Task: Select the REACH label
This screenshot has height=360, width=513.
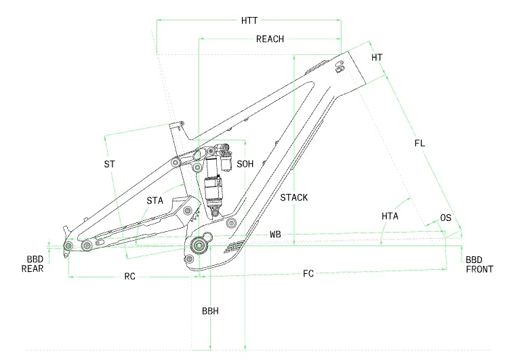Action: tap(270, 39)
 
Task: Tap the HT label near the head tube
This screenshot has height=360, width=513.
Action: tap(377, 58)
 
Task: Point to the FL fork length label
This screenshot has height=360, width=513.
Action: tap(419, 143)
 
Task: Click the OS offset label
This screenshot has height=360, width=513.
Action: tap(445, 218)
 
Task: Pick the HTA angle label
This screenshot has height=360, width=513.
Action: tap(390, 216)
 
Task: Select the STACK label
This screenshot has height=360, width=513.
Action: tap(294, 198)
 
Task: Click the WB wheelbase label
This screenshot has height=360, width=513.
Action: tap(276, 234)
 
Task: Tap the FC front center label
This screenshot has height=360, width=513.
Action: tap(308, 273)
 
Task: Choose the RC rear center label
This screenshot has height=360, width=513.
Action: tap(129, 277)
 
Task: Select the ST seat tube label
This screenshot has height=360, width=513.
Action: tap(110, 165)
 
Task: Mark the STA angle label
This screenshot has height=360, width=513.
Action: tap(155, 200)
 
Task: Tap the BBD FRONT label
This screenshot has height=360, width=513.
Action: tap(479, 264)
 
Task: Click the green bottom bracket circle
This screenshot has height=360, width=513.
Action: tap(199, 245)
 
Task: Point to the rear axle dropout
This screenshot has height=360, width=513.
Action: tap(68, 245)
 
